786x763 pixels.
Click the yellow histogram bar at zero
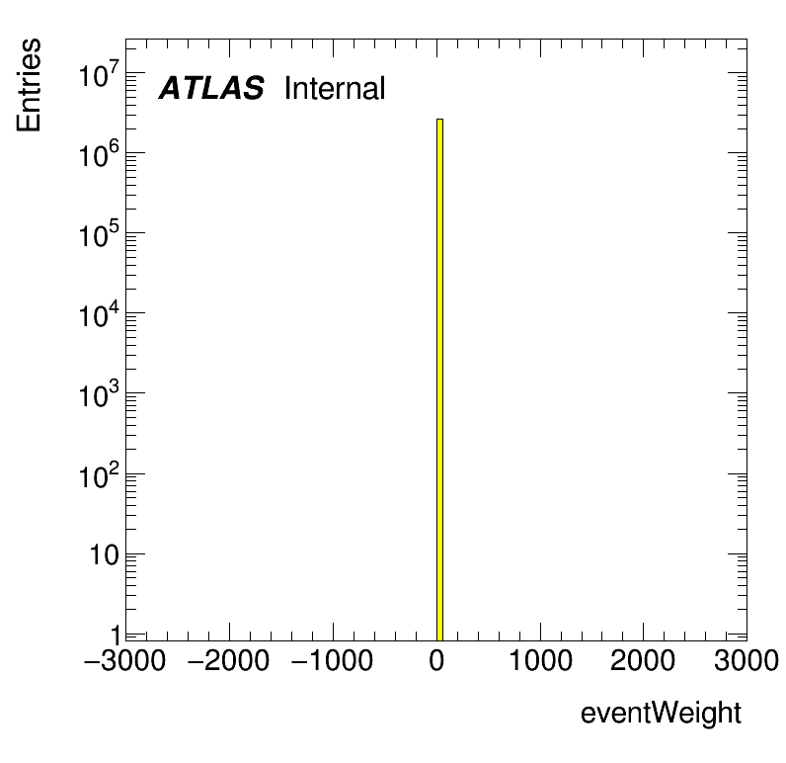point(439,376)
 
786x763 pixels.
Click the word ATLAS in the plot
point(211,89)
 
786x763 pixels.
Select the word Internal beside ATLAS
point(334,89)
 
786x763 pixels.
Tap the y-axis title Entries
point(29,85)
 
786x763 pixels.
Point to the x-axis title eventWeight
point(660,713)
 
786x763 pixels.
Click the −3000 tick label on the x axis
point(126,661)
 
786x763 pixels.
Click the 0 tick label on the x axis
point(436,661)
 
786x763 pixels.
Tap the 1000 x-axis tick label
point(540,661)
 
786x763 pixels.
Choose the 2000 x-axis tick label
point(644,661)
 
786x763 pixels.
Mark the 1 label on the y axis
point(114,634)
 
